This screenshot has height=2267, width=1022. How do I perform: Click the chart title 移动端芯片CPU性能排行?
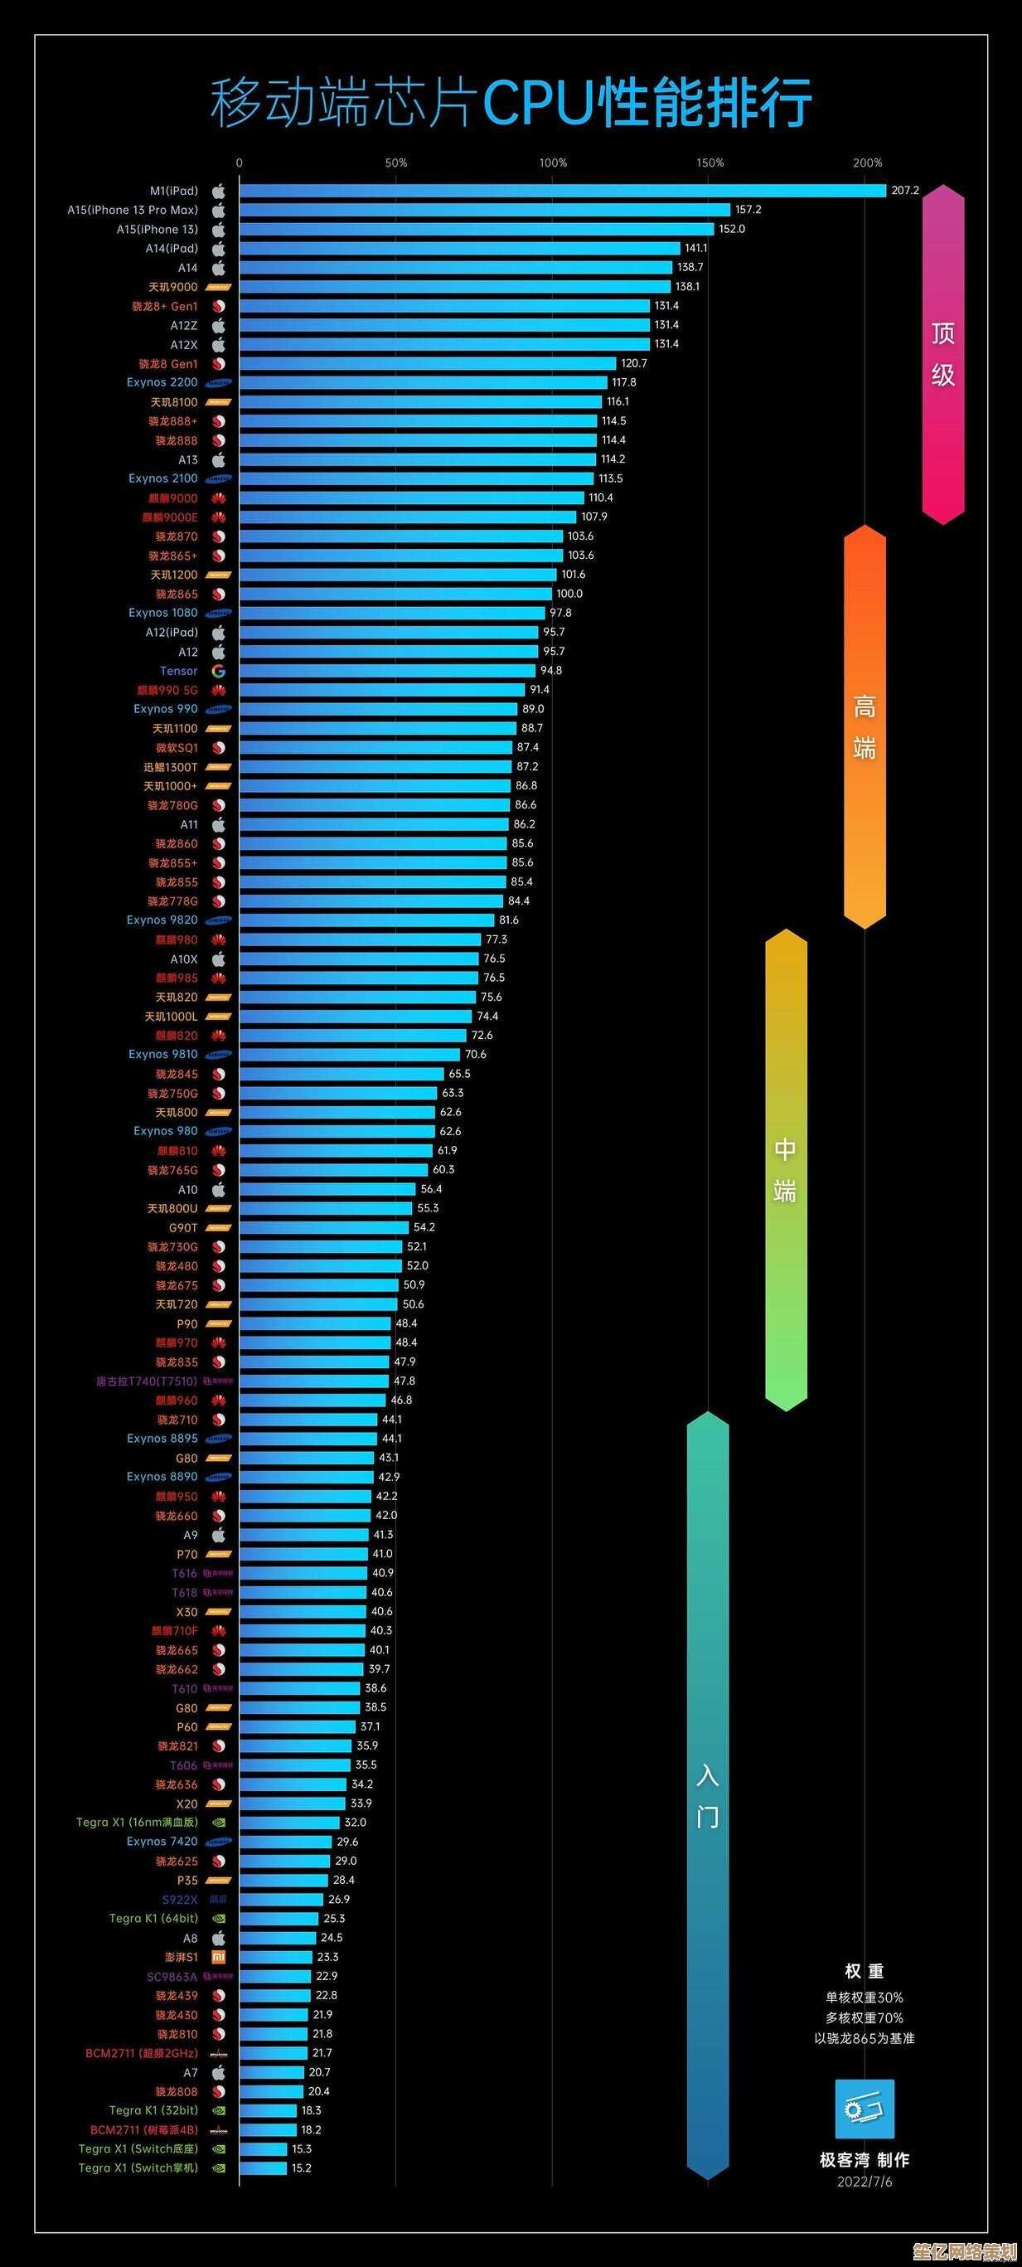510,103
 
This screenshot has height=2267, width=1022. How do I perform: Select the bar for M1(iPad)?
562,191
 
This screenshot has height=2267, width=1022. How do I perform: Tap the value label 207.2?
904,191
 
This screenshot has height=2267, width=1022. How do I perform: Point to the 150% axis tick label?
710,163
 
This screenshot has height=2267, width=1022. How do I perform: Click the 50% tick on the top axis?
395,163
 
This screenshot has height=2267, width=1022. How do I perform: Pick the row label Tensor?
178,671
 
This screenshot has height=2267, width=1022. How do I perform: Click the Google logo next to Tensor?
218,672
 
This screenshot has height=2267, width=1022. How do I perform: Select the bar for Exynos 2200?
422,383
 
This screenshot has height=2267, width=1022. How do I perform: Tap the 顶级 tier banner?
943,355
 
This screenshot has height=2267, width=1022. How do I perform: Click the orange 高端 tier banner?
865,727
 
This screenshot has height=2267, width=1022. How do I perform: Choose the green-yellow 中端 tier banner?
786,1171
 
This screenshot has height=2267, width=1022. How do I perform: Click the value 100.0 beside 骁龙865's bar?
569,594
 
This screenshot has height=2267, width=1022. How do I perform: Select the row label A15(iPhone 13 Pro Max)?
133,211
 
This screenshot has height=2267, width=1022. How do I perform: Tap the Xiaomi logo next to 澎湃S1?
218,1957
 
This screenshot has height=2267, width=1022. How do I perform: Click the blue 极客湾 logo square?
864,2109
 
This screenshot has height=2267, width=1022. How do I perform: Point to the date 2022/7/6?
864,2182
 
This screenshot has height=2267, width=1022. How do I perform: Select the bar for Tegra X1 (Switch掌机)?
263,2167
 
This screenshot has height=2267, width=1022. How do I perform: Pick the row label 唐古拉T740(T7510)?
147,1381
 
